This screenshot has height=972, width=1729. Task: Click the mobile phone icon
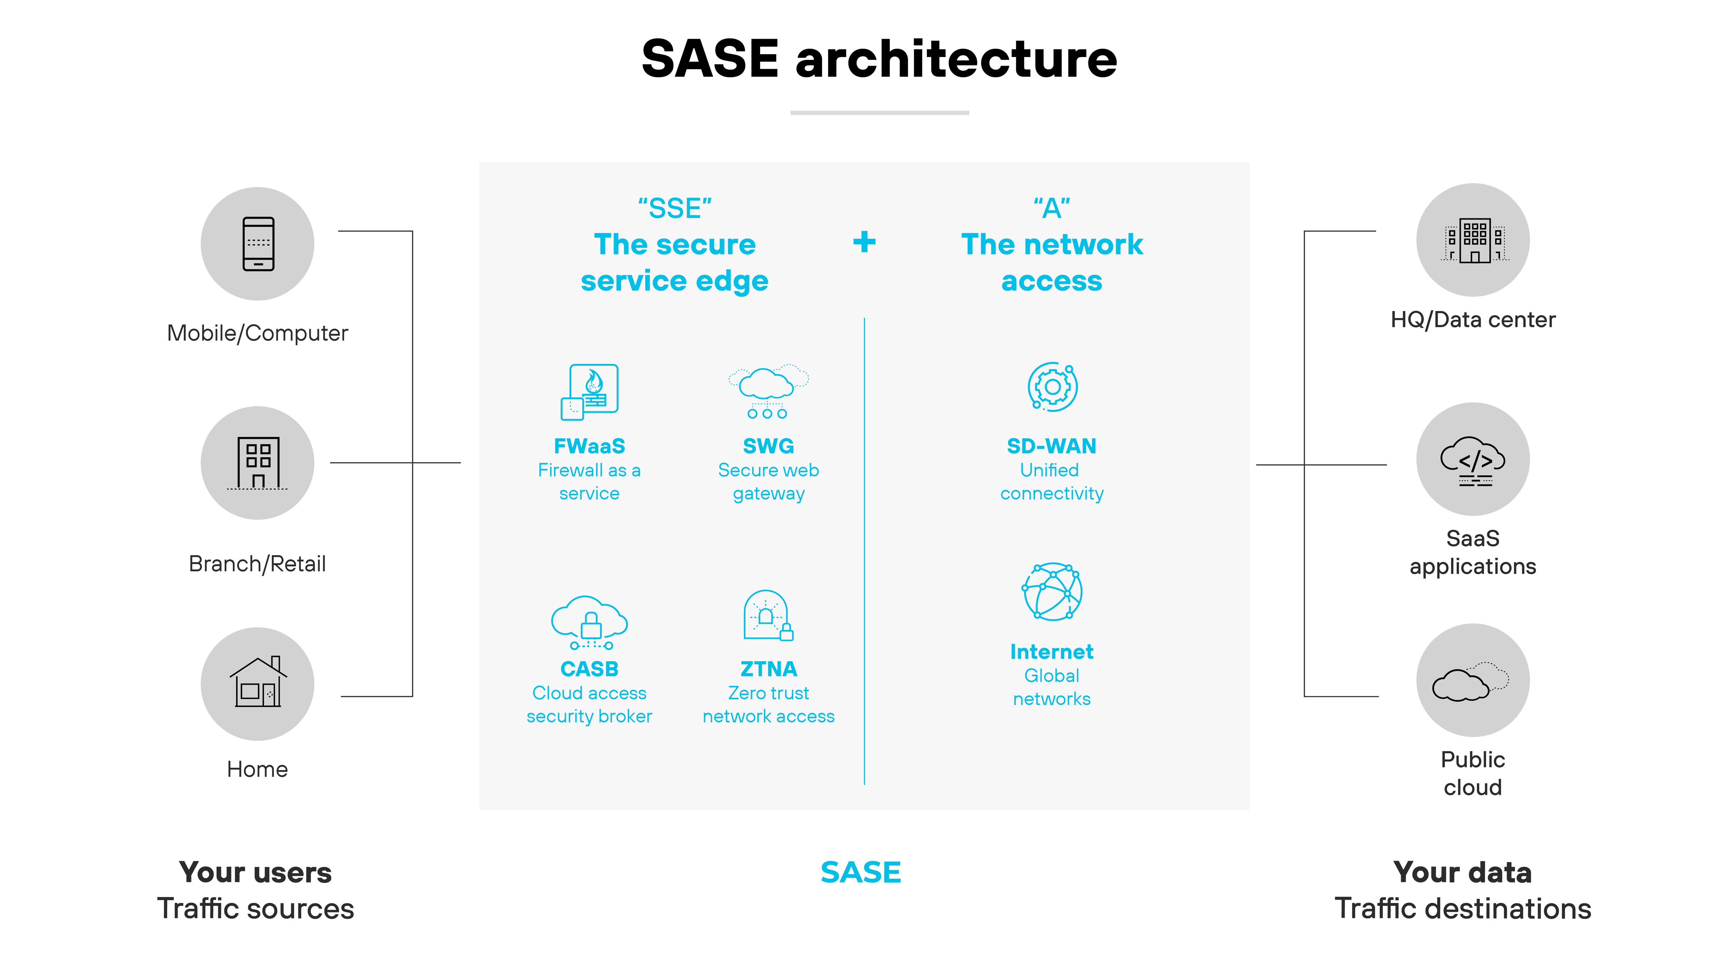click(x=258, y=243)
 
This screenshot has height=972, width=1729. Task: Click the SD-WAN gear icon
click(x=1052, y=387)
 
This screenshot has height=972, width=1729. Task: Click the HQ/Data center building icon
click(x=1473, y=240)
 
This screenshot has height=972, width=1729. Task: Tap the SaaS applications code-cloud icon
click(x=1473, y=461)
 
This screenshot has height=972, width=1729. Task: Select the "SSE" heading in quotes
click(x=675, y=209)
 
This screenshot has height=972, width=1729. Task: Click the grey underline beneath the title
click(x=879, y=113)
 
